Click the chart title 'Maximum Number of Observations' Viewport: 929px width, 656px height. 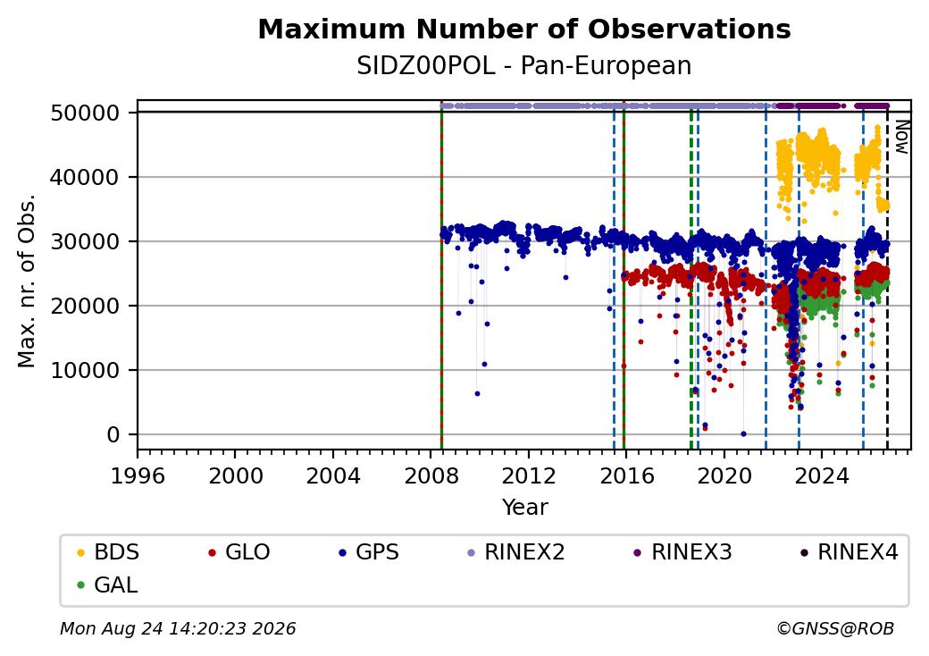point(524,29)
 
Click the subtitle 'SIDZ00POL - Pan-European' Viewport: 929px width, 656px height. point(524,66)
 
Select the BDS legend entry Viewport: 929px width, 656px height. point(108,552)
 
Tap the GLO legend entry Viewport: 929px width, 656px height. point(239,552)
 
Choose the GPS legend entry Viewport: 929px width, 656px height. point(369,552)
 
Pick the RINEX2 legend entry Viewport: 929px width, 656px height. point(516,552)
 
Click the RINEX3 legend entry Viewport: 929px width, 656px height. point(682,552)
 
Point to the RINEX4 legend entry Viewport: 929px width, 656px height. point(849,552)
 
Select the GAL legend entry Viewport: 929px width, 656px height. point(108,585)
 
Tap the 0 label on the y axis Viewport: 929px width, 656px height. point(113,435)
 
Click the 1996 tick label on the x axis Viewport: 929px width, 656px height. point(138,475)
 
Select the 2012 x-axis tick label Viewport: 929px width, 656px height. point(529,475)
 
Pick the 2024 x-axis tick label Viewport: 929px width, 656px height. point(822,475)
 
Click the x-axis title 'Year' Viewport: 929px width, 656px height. point(525,508)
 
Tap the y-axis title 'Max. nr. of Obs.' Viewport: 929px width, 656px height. point(27,282)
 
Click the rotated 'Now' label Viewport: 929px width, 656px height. point(901,137)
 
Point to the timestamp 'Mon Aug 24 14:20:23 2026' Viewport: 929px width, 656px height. point(178,628)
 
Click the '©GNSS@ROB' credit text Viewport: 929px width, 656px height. point(835,628)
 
